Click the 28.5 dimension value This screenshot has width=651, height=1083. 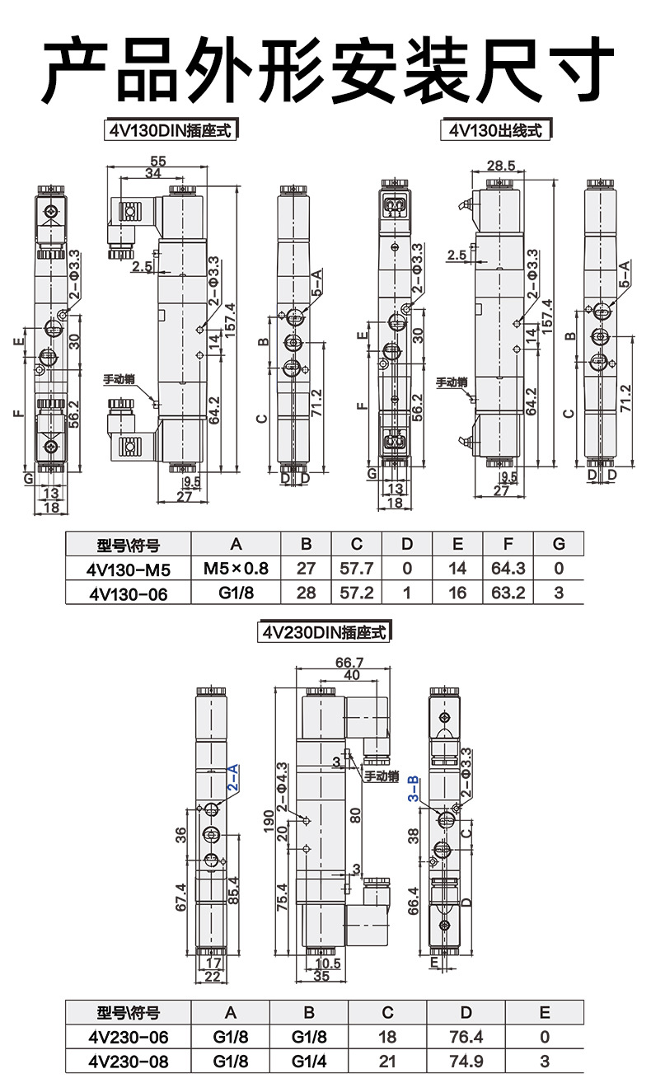point(501,166)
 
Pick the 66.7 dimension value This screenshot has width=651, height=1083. point(350,663)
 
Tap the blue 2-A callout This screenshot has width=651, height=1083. point(233,778)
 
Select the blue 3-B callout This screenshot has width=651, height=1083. point(414,789)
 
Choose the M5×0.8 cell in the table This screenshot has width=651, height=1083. point(236,568)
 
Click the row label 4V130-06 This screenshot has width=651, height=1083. point(127,593)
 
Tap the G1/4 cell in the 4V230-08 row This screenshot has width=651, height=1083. point(309,1062)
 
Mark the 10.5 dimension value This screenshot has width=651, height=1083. point(328,963)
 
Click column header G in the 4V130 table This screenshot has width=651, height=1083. point(559,544)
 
